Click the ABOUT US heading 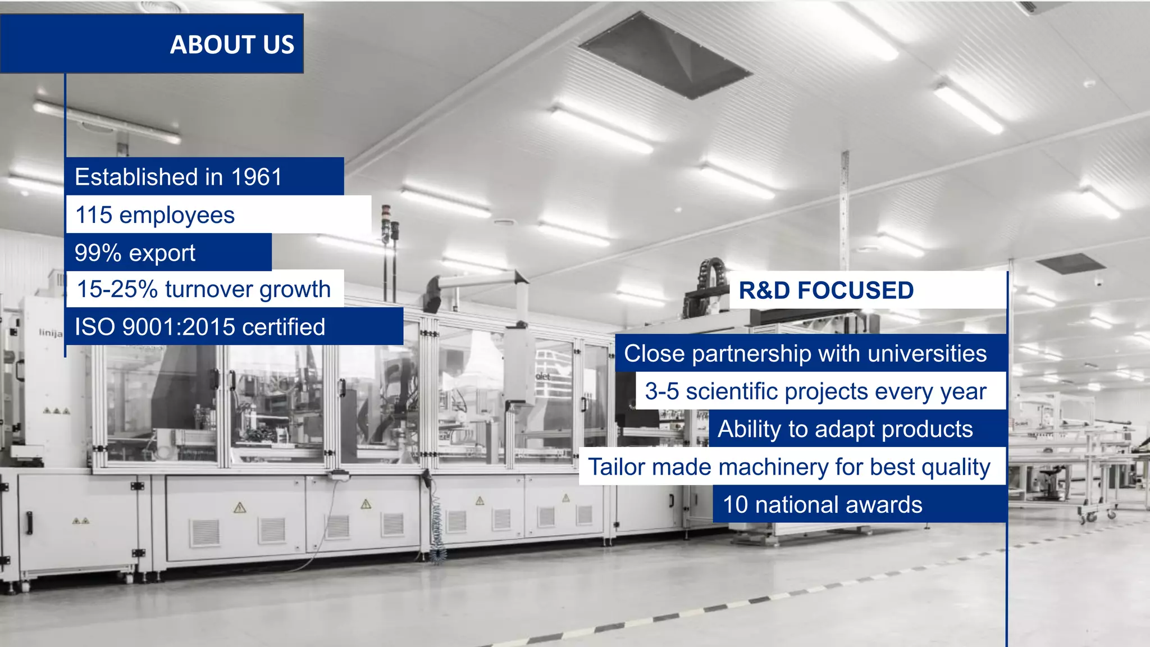click(x=232, y=44)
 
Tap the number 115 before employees click(x=94, y=215)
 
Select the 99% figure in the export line click(x=98, y=253)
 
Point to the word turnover click(x=209, y=289)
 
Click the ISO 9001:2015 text click(x=153, y=327)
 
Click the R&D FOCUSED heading click(x=826, y=290)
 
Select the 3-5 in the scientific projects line click(x=661, y=391)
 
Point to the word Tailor click(x=616, y=467)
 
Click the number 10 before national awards click(x=735, y=504)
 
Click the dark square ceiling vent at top click(x=665, y=56)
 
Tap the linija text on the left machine click(x=51, y=332)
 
